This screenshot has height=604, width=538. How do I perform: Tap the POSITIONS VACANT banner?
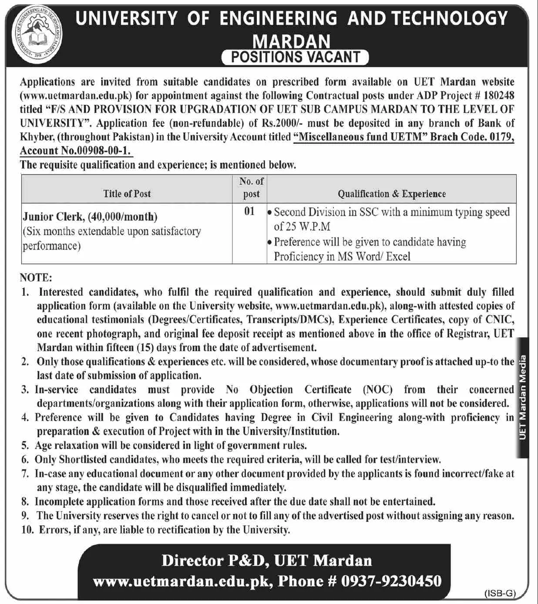click(295, 57)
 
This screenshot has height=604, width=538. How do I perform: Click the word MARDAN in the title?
click(292, 41)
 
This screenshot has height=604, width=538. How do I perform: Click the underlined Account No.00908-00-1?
click(76, 151)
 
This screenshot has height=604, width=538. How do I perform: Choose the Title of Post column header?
click(127, 194)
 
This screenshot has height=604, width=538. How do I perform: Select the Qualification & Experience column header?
click(391, 194)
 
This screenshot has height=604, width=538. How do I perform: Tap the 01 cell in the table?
click(249, 211)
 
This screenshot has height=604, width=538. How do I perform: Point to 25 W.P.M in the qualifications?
click(302, 227)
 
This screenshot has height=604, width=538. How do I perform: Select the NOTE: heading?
click(36, 278)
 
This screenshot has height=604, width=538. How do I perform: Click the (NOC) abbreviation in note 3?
click(377, 389)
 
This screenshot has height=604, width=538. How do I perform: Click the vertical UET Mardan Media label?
click(522, 397)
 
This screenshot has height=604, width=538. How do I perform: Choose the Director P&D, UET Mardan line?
click(266, 560)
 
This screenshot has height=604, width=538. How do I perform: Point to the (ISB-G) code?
click(500, 593)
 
